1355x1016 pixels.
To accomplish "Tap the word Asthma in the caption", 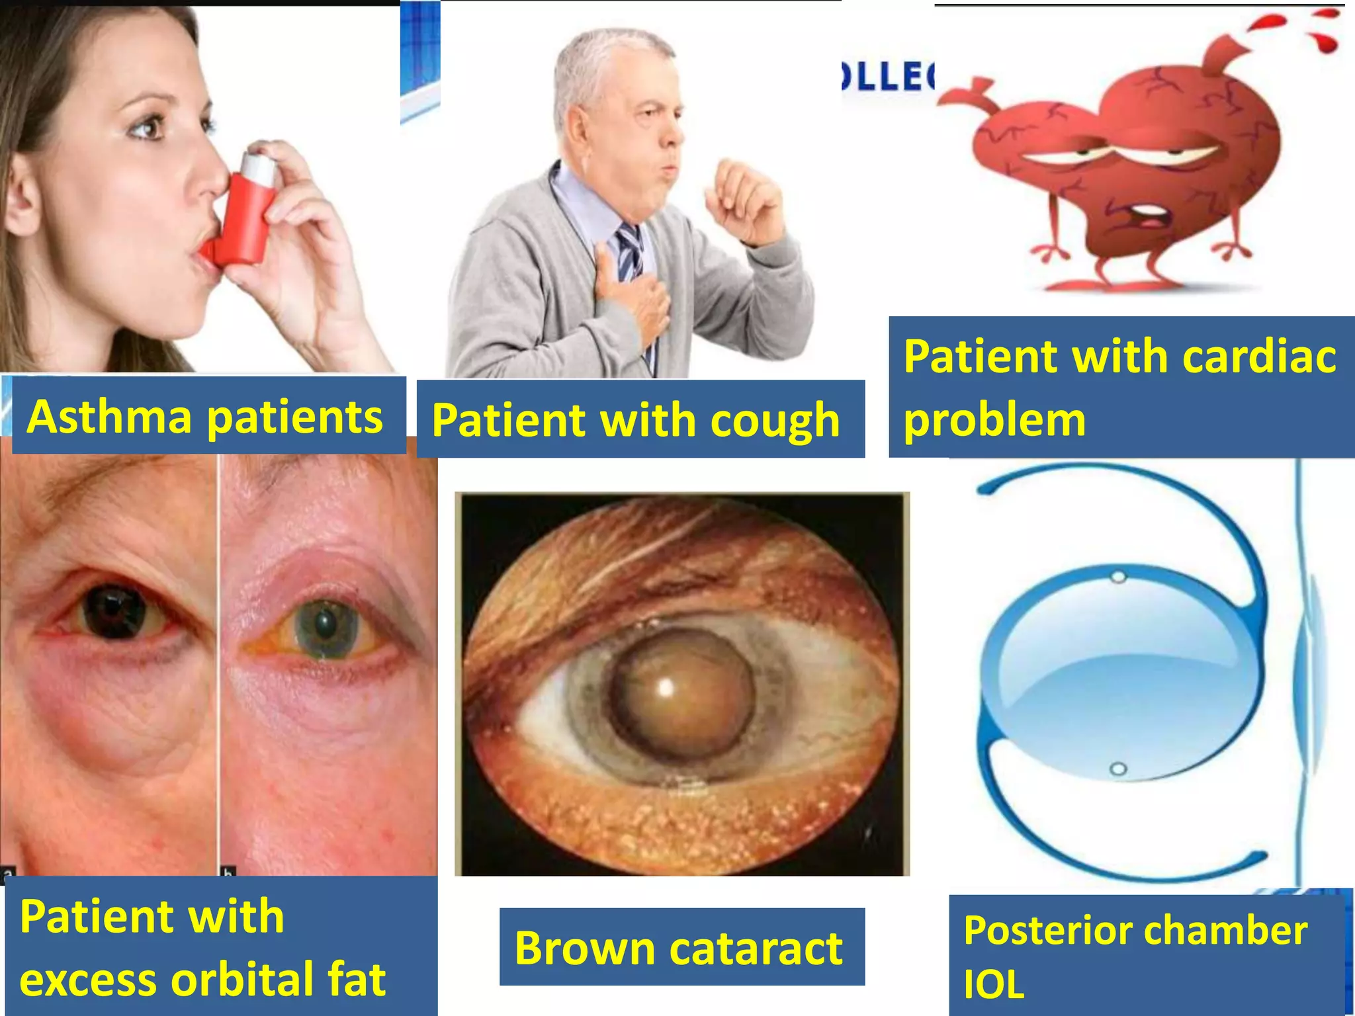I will pos(109,417).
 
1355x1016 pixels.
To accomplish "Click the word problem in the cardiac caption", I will pos(994,420).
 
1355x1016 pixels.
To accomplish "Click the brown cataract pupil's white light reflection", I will pos(666,688).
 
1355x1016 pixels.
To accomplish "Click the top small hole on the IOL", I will pos(1118,577).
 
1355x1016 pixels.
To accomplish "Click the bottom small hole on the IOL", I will pos(1118,769).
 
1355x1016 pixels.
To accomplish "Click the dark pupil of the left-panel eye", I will pos(116,611).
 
